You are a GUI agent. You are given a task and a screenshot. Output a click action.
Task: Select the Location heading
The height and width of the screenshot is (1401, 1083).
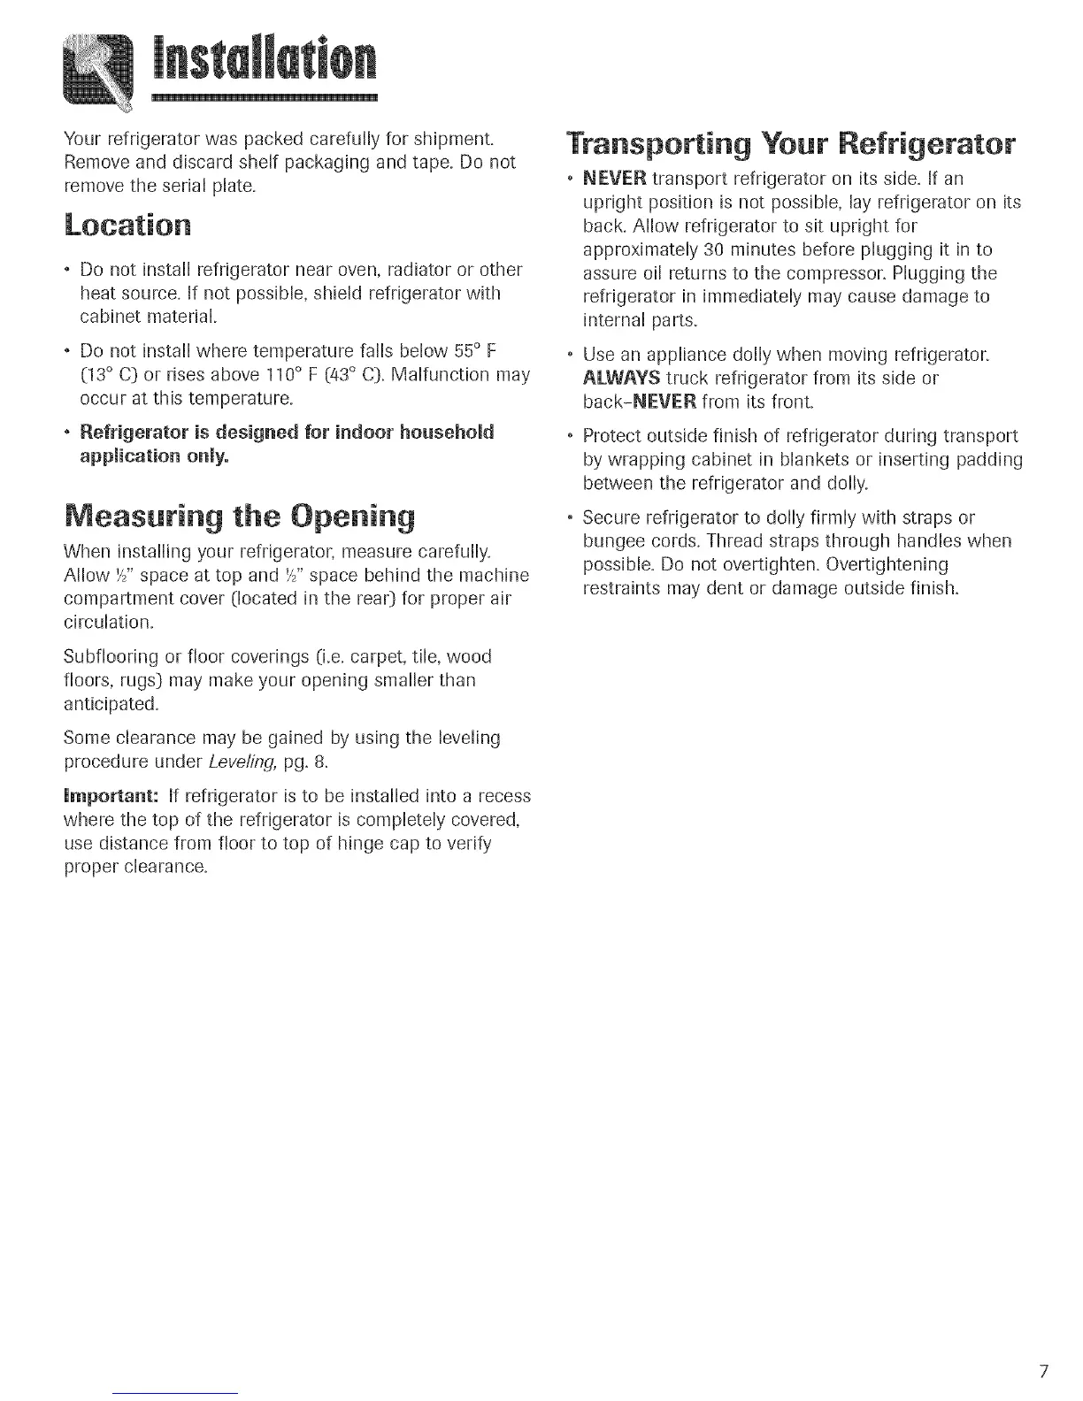pyautogui.click(x=127, y=225)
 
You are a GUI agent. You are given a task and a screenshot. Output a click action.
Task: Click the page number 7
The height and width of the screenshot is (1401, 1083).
pyautogui.click(x=1044, y=1372)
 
